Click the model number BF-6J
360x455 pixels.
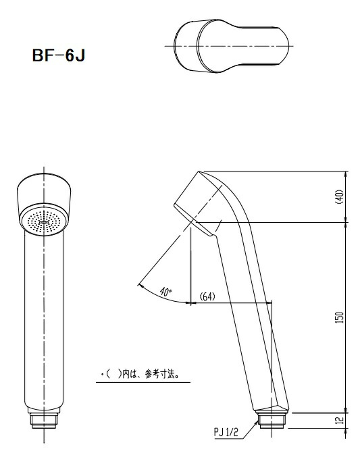pyautogui.click(x=59, y=55)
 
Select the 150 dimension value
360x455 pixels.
pyautogui.click(x=340, y=317)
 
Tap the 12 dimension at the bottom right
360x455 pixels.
pyautogui.click(x=340, y=420)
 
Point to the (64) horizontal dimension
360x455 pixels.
pyautogui.click(x=207, y=296)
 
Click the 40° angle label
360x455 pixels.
pyautogui.click(x=165, y=292)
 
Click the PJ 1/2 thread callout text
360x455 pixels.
pyautogui.click(x=226, y=432)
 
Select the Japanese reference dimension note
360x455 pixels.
pyautogui.click(x=140, y=375)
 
